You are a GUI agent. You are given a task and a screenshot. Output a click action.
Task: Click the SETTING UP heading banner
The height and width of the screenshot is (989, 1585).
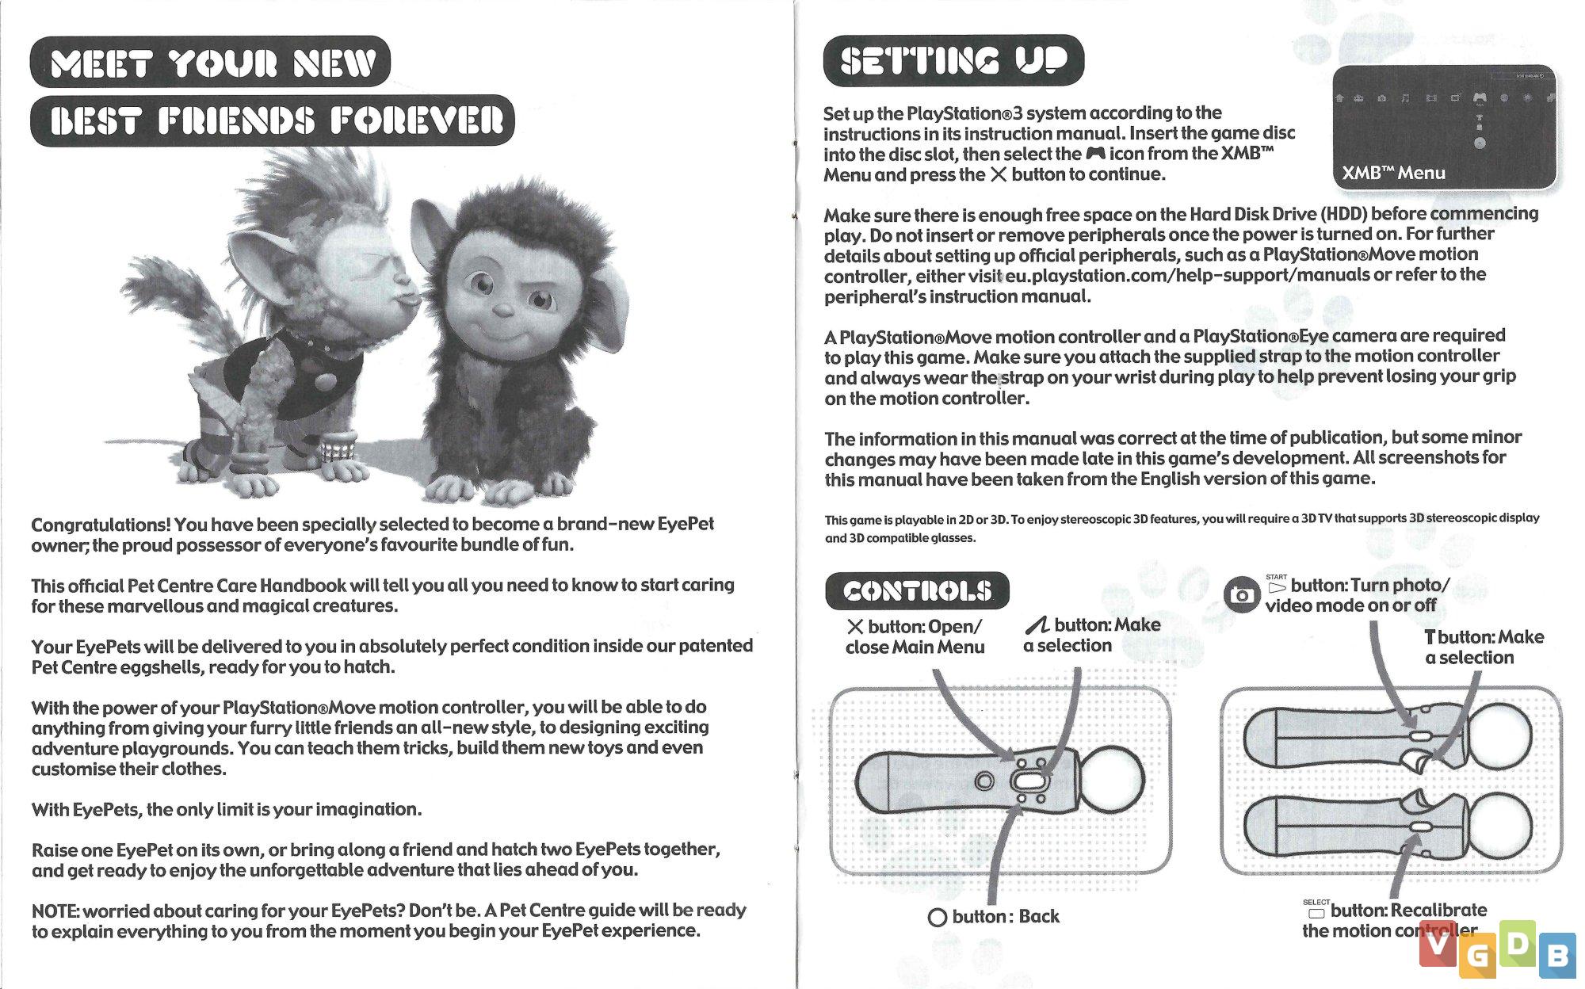pyautogui.click(x=953, y=61)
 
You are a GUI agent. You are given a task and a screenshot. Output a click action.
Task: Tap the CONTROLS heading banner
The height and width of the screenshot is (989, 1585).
pyautogui.click(x=917, y=590)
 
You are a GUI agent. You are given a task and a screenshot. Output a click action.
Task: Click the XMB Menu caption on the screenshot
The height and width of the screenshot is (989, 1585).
pyautogui.click(x=1393, y=173)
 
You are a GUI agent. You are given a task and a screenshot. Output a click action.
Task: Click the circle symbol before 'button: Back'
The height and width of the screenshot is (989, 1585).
pyautogui.click(x=937, y=918)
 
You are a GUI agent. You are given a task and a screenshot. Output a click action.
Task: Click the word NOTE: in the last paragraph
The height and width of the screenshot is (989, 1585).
pyautogui.click(x=55, y=911)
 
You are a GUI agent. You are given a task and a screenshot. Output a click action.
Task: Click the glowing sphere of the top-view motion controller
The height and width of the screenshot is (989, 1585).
pyautogui.click(x=1111, y=781)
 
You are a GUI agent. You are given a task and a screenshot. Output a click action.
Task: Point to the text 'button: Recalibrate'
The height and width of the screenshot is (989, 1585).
pyautogui.click(x=1408, y=911)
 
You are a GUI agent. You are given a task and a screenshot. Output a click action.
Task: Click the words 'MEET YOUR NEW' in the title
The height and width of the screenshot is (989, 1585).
pyautogui.click(x=212, y=63)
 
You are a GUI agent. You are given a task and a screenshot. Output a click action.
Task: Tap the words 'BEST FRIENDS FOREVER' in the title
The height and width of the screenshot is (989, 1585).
pyautogui.click(x=276, y=121)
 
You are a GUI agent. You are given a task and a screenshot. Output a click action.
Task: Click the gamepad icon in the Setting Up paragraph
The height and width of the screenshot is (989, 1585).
pyautogui.click(x=1095, y=153)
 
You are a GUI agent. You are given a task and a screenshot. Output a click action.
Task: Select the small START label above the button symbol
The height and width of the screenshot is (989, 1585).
pyautogui.click(x=1276, y=577)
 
